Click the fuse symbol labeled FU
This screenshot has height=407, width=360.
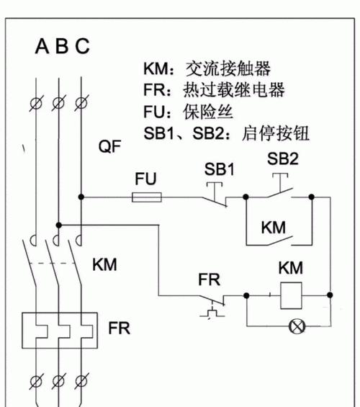(147, 197)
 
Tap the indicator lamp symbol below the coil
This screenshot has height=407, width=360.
(297, 326)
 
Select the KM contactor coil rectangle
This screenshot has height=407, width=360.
(292, 295)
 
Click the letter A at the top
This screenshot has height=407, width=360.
(42, 46)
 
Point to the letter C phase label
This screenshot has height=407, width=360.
(83, 46)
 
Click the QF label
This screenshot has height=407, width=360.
(109, 146)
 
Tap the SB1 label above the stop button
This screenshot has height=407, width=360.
(220, 169)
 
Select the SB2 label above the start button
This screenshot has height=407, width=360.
(283, 158)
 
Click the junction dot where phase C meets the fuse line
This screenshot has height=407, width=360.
(81, 197)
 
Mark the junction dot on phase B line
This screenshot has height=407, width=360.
(59, 225)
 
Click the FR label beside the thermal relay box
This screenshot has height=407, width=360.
(119, 328)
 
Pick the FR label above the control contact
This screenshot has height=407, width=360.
(209, 279)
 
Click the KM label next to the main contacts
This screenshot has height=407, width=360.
(104, 265)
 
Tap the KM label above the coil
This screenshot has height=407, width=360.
(290, 268)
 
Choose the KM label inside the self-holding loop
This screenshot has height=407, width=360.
(274, 228)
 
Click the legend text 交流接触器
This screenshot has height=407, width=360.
(228, 68)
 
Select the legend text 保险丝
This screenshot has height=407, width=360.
(208, 112)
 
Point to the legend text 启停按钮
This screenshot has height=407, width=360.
(276, 133)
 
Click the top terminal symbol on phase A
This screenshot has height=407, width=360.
(36, 103)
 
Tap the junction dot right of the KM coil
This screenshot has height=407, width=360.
(330, 295)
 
